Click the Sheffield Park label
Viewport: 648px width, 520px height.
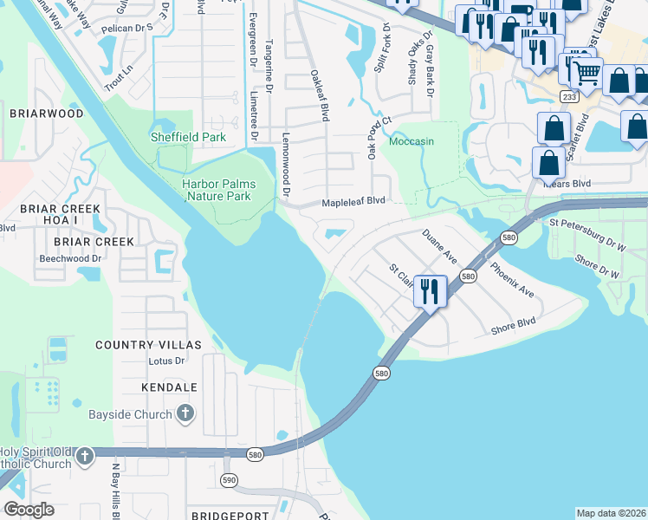coord(188,137)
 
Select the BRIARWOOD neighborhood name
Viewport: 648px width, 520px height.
coord(47,114)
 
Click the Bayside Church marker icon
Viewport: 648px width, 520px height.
coord(185,414)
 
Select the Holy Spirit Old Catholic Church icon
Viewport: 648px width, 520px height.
coord(84,456)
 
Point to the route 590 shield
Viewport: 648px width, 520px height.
coord(229,479)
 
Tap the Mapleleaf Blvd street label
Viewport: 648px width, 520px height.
coord(353,201)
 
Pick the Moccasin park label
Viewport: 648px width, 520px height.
coord(411,141)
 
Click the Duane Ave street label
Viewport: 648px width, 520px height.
coord(439,246)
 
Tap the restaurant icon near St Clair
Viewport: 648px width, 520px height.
coord(430,291)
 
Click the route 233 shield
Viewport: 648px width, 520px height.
coord(568,97)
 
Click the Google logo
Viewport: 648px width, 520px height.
coord(29,510)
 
